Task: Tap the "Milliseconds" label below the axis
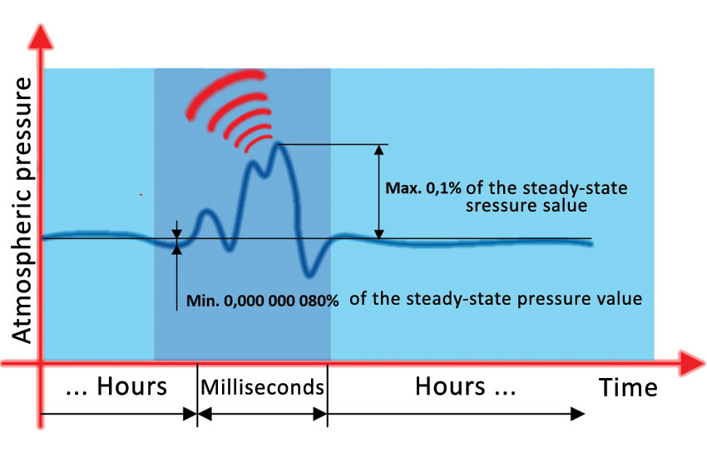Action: [262, 387]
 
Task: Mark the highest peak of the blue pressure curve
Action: [280, 145]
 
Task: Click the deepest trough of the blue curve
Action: [309, 272]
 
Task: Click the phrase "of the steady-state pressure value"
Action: [496, 298]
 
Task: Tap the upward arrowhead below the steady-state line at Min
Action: [177, 246]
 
